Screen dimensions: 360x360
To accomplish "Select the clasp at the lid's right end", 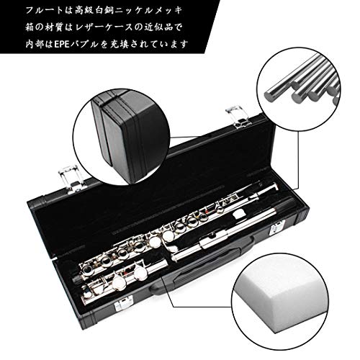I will [233, 115].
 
